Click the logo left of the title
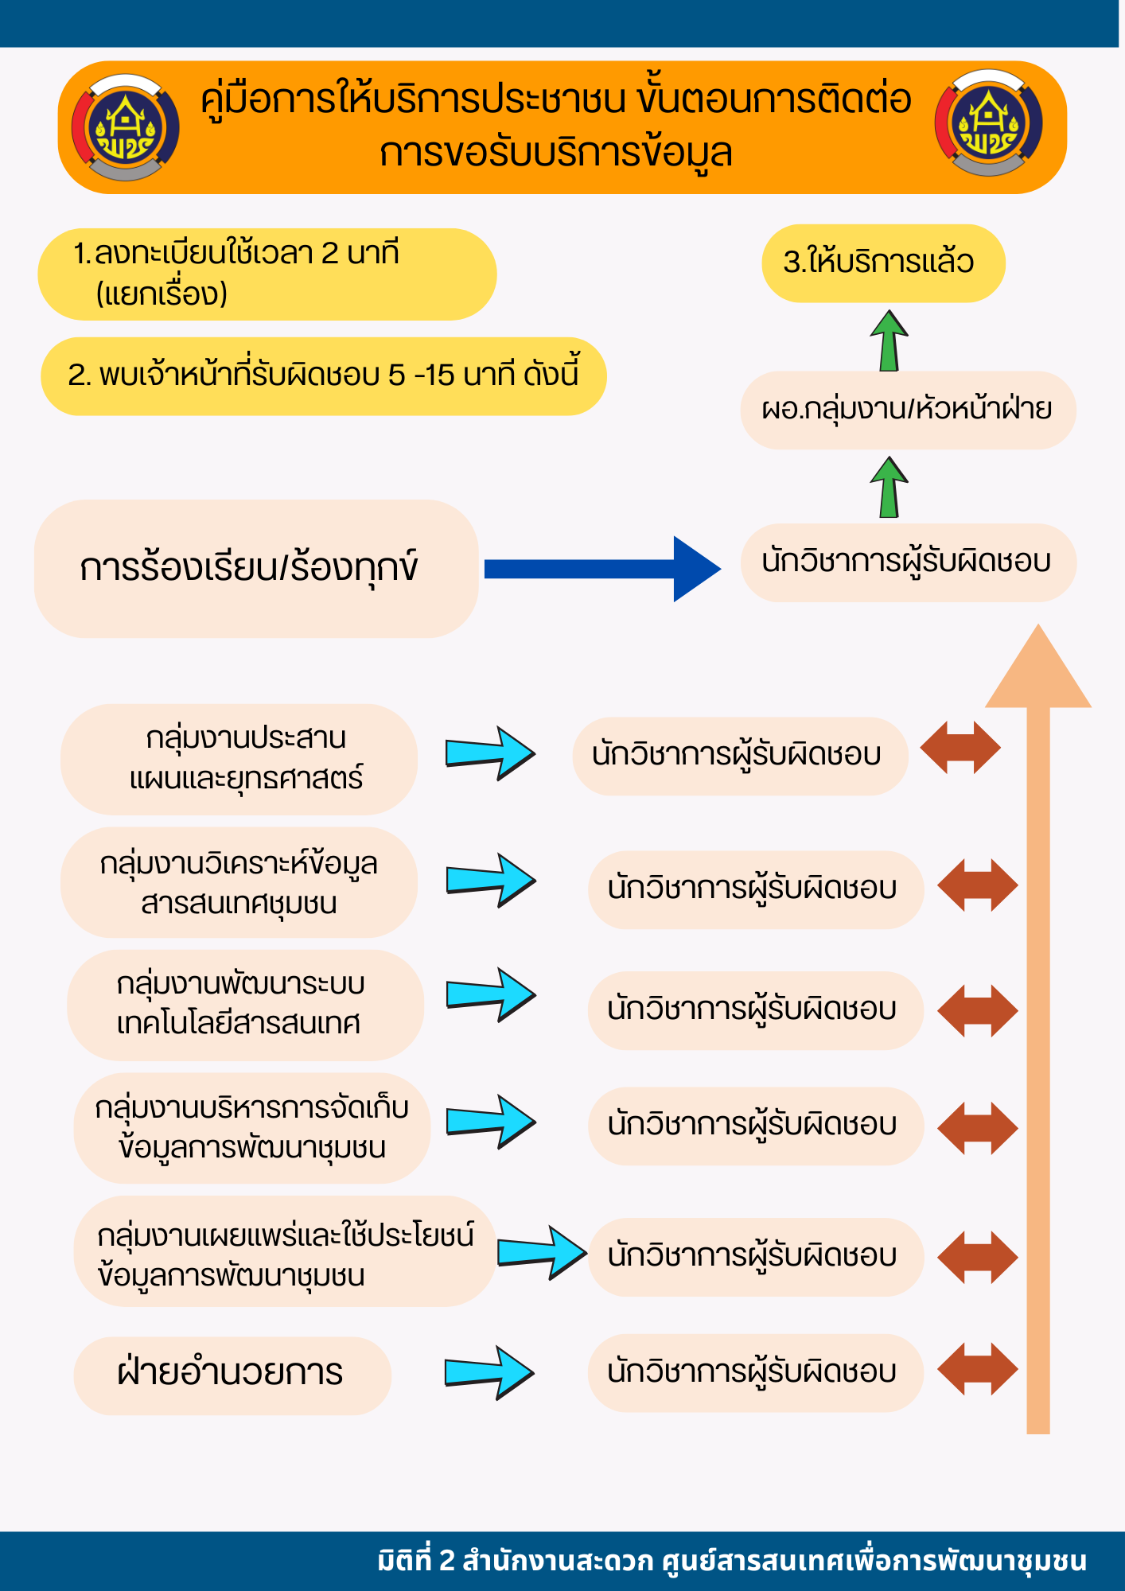coord(126,127)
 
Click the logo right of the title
coord(989,123)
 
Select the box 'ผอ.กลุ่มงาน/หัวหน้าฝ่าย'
coord(908,410)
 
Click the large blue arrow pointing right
coord(602,569)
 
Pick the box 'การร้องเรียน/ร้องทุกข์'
coord(256,569)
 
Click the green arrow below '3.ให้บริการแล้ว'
coord(889,341)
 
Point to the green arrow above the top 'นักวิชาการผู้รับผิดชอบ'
coord(889,488)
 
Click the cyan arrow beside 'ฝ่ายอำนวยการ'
coord(489,1372)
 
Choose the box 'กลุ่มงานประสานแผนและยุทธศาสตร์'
coord(239,759)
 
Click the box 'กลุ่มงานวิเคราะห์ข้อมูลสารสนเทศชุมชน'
coord(239,882)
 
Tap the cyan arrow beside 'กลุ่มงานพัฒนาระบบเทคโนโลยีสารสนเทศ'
coord(491,994)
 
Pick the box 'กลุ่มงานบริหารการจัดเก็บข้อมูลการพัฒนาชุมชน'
coord(251,1128)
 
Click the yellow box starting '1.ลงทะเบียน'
coord(267,274)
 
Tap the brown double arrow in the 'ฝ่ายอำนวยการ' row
coord(978,1369)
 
